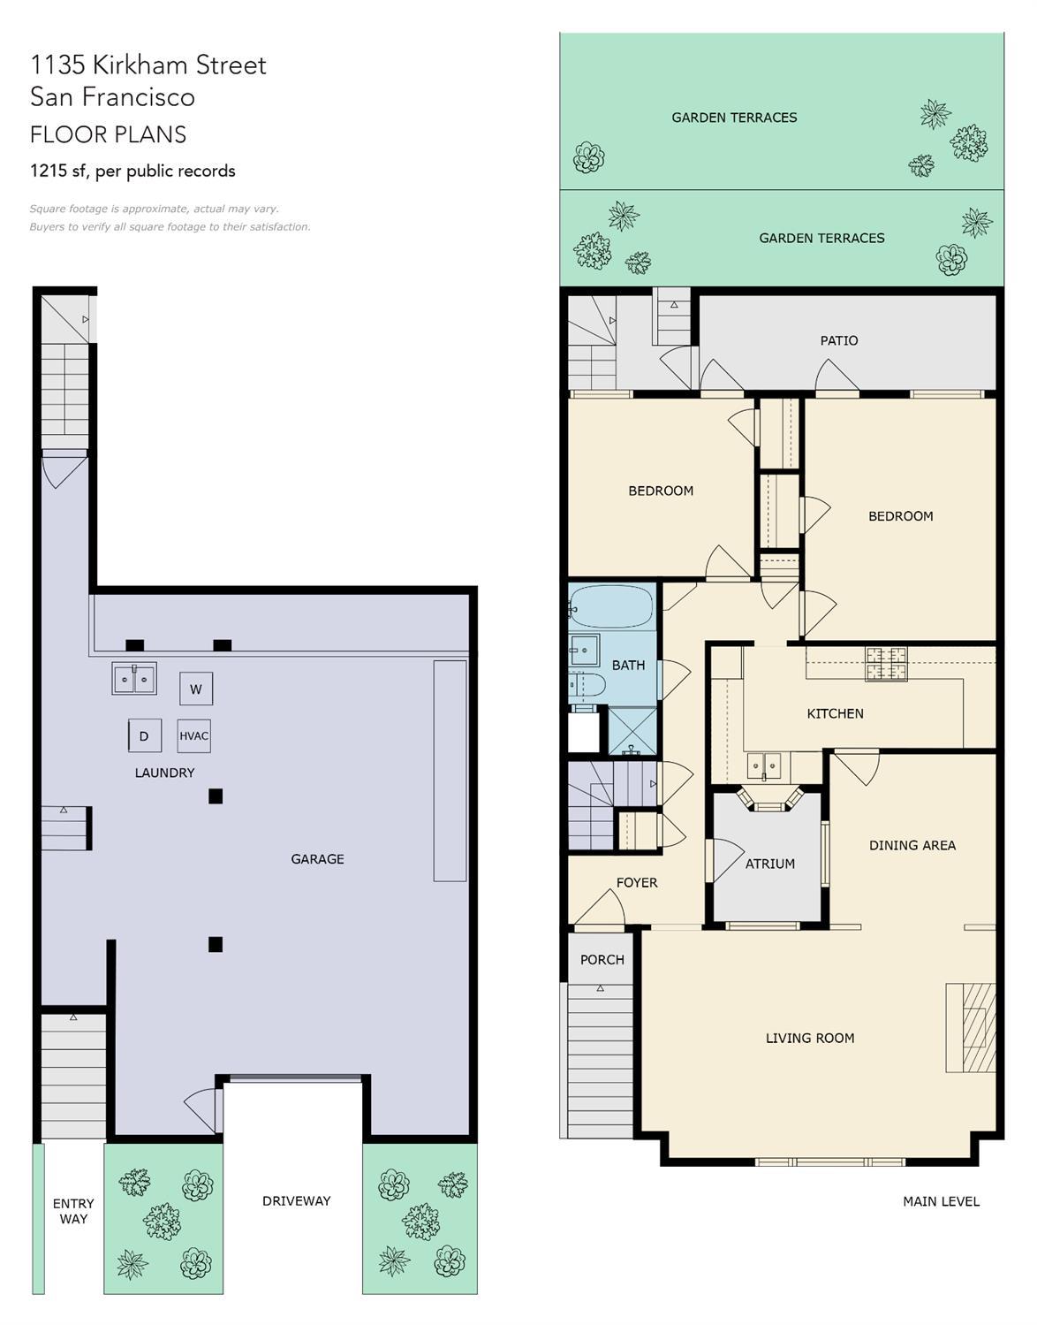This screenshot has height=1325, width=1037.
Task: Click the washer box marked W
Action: [x=196, y=689]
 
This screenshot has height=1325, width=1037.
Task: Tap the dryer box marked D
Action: [x=145, y=736]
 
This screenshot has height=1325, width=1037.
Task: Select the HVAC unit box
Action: [x=193, y=736]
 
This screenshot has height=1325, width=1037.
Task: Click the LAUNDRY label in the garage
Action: [x=164, y=773]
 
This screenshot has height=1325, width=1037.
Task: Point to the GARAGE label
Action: [x=317, y=859]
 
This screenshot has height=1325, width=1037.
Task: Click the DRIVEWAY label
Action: [x=297, y=1200]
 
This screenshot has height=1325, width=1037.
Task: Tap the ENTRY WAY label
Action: [x=73, y=1211]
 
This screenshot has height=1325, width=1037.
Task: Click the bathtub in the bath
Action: [x=611, y=606]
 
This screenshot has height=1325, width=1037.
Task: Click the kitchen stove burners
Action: [x=886, y=664]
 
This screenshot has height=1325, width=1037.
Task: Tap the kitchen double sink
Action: [x=764, y=765]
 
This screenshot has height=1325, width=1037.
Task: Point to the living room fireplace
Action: [x=971, y=1027]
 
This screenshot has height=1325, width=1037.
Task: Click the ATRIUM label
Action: [x=770, y=864]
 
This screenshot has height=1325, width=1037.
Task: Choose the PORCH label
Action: [x=602, y=960]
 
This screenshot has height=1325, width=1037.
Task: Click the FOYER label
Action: [x=637, y=882]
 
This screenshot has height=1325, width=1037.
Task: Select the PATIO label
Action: [x=839, y=340]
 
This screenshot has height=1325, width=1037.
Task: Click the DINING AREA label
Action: [x=912, y=845]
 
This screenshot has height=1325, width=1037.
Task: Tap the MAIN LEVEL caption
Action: [x=941, y=1201]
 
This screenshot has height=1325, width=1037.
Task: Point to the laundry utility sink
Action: [x=134, y=678]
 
